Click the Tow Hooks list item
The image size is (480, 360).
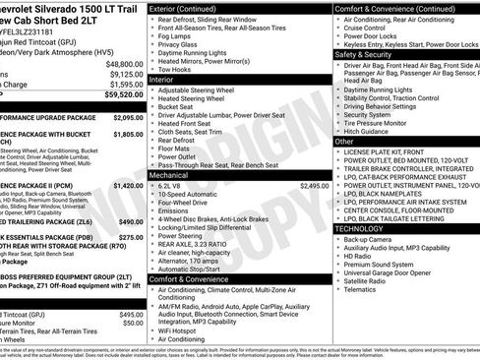point(177,70)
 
